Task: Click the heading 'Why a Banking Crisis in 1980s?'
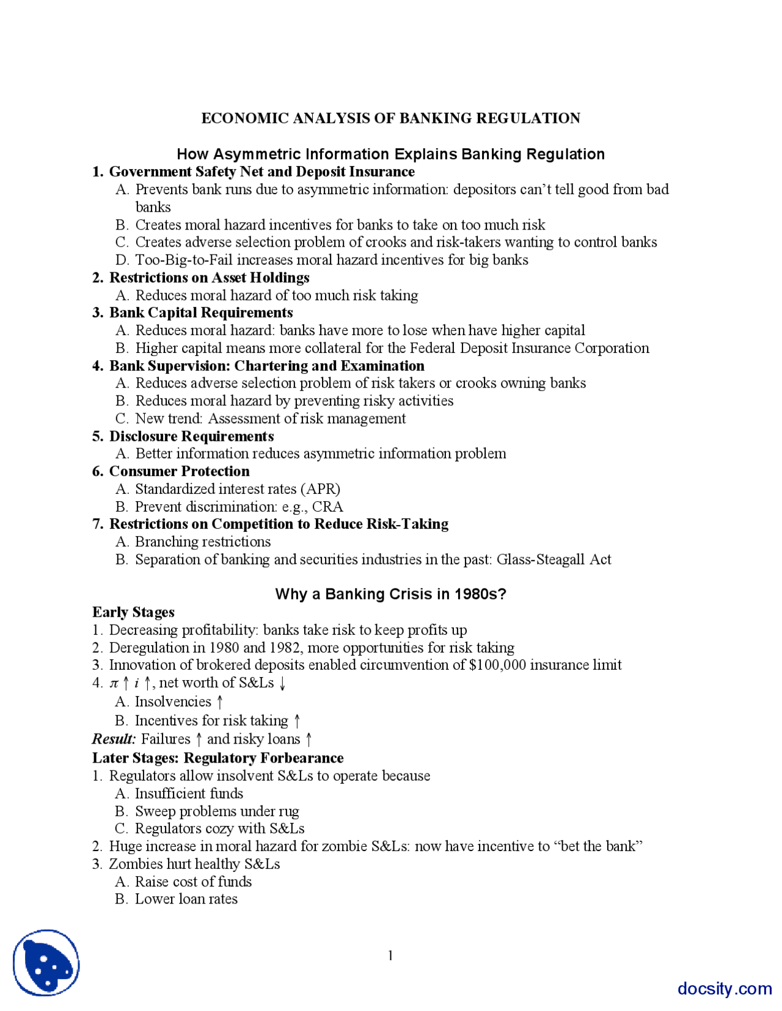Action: pyautogui.click(x=390, y=594)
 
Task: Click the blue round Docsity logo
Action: pyautogui.click(x=46, y=963)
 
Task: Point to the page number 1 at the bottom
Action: pyautogui.click(x=390, y=955)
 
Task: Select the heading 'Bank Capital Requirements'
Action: pyautogui.click(x=201, y=313)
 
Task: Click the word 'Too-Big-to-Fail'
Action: pyautogui.click(x=184, y=260)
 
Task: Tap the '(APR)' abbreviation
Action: pyautogui.click(x=320, y=489)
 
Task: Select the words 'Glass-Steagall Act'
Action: pyautogui.click(x=554, y=559)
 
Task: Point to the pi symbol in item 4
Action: pyautogui.click(x=114, y=683)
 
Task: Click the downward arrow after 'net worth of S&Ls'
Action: pyautogui.click(x=282, y=683)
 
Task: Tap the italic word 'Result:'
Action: pyautogui.click(x=114, y=739)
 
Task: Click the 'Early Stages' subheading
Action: pyautogui.click(x=133, y=612)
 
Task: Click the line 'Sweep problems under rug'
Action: pyautogui.click(x=217, y=811)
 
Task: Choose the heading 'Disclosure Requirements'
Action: pyautogui.click(x=191, y=437)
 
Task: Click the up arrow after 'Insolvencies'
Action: pyautogui.click(x=220, y=702)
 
